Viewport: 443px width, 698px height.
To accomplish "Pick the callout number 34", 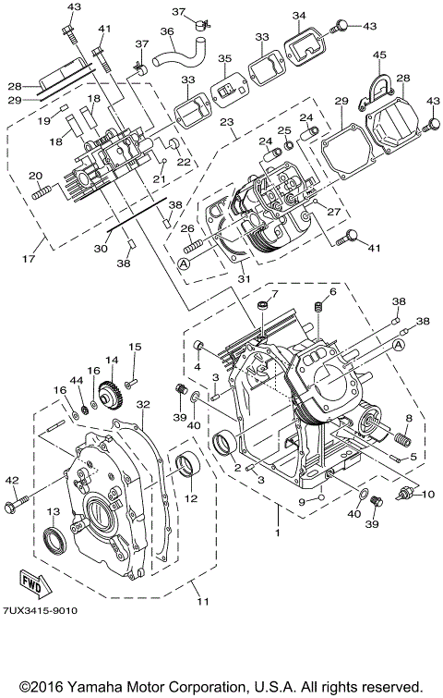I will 298,16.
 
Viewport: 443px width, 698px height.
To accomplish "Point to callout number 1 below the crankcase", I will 278,533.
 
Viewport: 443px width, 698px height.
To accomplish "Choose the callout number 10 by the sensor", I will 428,494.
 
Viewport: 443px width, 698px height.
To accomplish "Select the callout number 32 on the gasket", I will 141,404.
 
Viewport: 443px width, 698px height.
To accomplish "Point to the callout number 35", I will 223,60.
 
